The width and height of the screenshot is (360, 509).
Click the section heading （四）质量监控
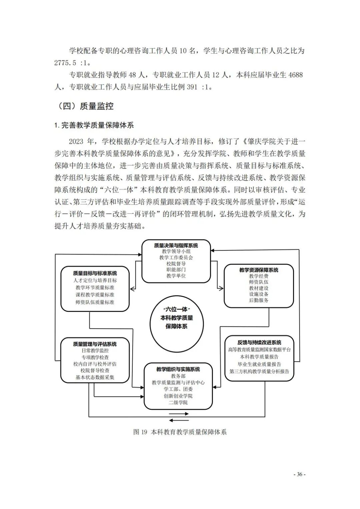tap(86, 106)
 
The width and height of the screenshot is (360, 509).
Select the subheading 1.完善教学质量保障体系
tap(94, 126)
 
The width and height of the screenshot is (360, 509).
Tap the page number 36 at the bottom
tap(299, 474)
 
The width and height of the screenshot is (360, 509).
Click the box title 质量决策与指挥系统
tap(176, 246)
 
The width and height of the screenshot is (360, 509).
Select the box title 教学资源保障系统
tap(259, 270)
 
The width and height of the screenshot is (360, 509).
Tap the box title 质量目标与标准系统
tap(95, 273)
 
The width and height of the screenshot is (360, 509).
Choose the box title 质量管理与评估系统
tap(95, 344)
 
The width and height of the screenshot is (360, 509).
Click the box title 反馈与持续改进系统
tap(259, 342)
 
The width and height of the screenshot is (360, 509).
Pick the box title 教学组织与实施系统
tap(178, 369)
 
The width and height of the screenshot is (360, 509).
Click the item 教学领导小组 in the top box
tap(176, 252)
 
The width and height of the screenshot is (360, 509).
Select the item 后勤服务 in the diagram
tap(259, 300)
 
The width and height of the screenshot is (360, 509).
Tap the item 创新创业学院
tap(178, 396)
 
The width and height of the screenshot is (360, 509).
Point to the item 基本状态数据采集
tap(95, 377)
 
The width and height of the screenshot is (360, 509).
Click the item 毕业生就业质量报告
tap(259, 364)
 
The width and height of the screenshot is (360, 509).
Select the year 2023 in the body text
tap(76, 142)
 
